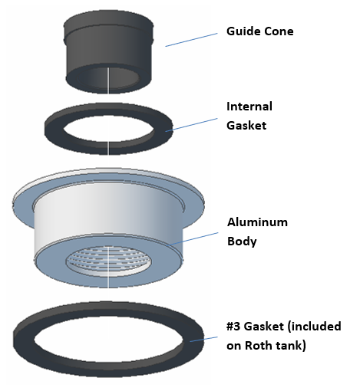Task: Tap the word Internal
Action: click(x=249, y=107)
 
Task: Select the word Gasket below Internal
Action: click(x=246, y=126)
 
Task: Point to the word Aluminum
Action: click(x=257, y=222)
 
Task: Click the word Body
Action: click(x=242, y=242)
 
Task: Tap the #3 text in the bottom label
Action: click(x=233, y=327)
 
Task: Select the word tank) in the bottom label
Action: click(x=290, y=346)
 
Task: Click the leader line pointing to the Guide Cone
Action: click(x=191, y=40)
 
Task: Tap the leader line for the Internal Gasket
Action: click(x=191, y=125)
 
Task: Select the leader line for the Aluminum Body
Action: click(x=193, y=238)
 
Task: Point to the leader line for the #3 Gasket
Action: click(x=203, y=339)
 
